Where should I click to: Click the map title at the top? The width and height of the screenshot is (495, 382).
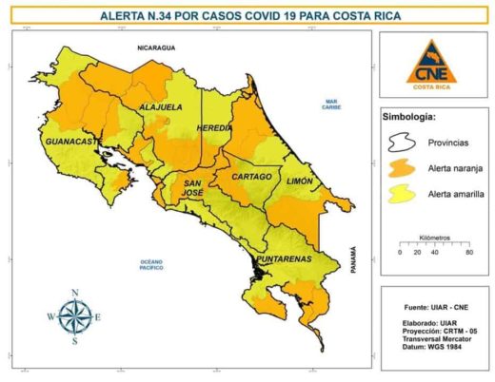point(249,15)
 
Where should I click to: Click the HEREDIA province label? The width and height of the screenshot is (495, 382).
point(213,126)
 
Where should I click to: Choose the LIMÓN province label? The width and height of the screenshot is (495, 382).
point(300,180)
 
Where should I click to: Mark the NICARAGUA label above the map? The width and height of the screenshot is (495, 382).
point(158,46)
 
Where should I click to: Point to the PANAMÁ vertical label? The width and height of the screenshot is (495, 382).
point(351,259)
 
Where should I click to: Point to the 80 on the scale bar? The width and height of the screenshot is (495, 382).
point(468,253)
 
